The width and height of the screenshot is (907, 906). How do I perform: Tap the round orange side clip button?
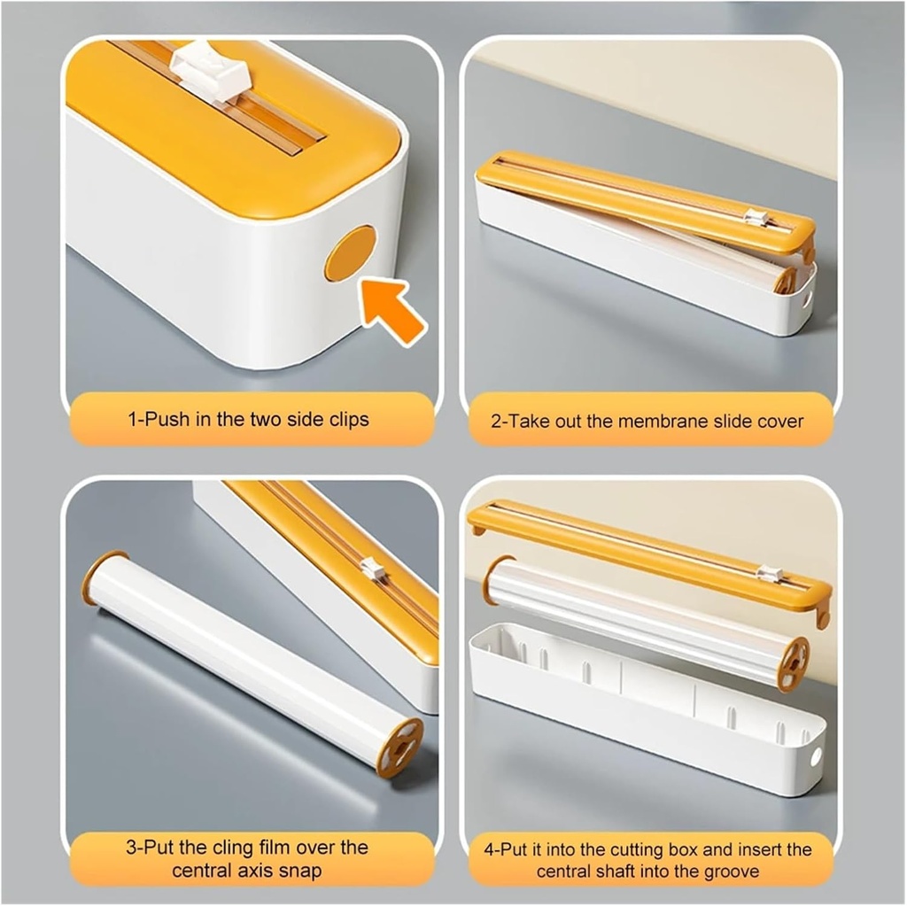point(350,253)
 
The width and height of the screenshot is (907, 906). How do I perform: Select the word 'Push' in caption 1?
point(166,419)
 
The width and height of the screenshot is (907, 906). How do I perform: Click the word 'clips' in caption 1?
point(346,419)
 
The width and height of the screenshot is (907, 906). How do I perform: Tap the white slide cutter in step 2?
point(756,217)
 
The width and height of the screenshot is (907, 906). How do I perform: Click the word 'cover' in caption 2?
point(780,421)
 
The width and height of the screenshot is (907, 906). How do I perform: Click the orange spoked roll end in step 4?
point(793,663)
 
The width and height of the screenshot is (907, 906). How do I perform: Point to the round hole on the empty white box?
point(814,757)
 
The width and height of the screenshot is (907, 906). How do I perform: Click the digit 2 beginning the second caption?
point(496,421)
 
